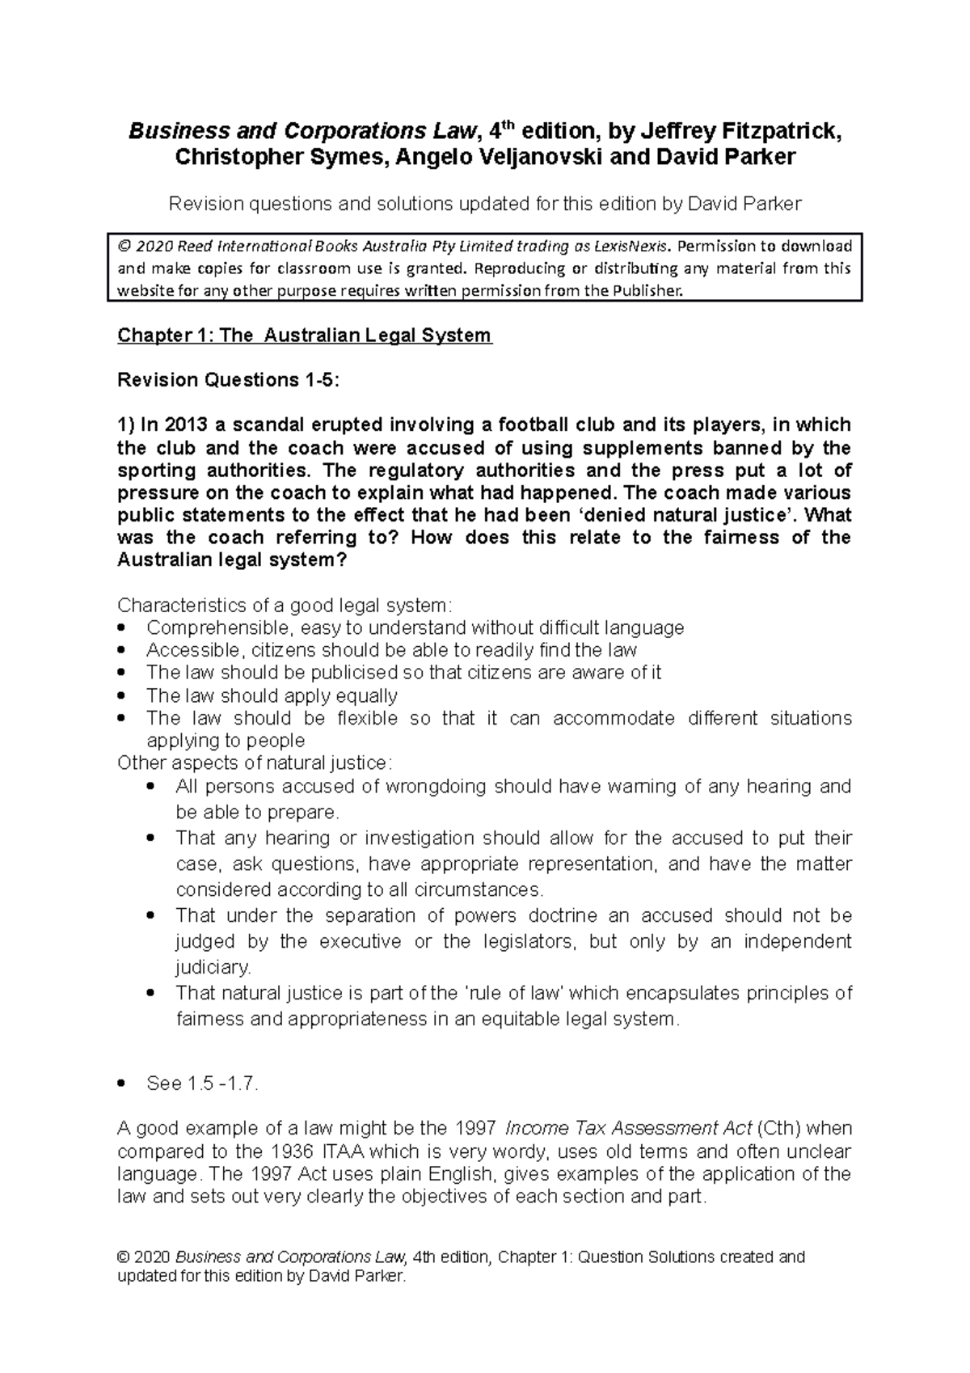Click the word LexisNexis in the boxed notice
click(632, 246)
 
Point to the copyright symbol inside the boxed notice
click(124, 246)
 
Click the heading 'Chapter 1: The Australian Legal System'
click(305, 335)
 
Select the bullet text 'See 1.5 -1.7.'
click(202, 1084)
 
